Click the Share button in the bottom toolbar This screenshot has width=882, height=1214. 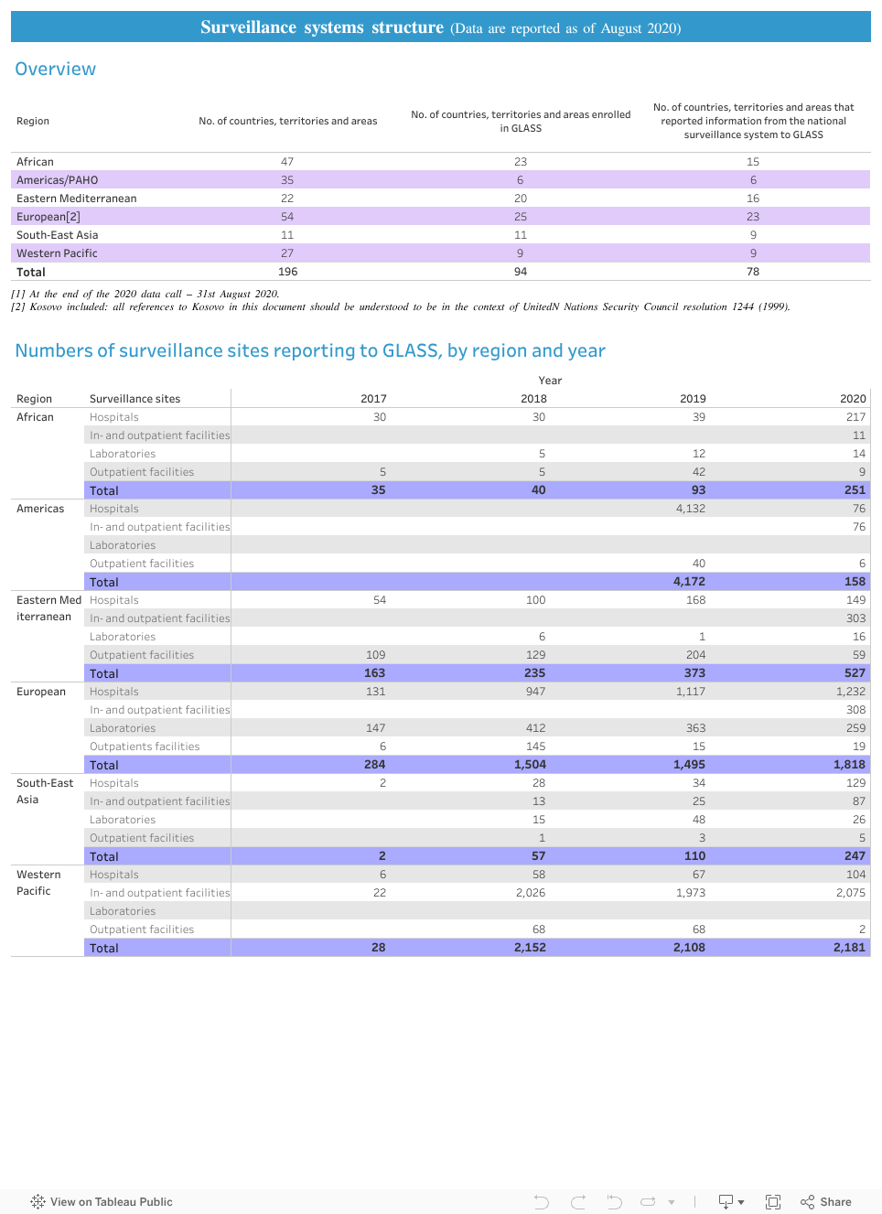point(826,1201)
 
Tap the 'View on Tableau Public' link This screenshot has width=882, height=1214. point(102,1201)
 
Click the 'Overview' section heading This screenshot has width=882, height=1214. point(55,70)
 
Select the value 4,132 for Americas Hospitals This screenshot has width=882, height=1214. point(690,509)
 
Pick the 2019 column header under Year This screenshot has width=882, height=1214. point(693,399)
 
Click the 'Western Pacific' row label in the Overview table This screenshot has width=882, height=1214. point(57,253)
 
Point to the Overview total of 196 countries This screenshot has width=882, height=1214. point(287,272)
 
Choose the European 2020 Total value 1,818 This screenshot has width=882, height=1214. point(848,765)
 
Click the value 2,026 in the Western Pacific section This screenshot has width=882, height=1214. point(530,893)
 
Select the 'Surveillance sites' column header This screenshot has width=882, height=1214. point(134,399)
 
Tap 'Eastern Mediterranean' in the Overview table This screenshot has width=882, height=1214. point(76,199)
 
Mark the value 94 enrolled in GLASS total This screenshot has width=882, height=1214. point(520,272)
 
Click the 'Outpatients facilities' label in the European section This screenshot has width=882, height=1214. point(145,747)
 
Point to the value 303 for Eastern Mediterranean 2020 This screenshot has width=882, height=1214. point(855,618)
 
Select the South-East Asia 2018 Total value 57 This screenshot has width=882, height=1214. point(538,856)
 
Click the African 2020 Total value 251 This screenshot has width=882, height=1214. point(854,490)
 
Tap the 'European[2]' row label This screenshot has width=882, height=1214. point(48,217)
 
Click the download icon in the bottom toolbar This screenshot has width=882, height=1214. point(726,1201)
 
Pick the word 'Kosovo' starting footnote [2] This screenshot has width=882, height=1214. point(46,307)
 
